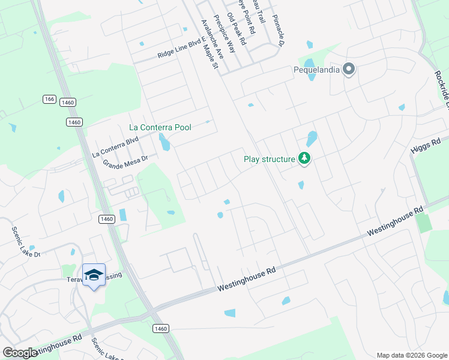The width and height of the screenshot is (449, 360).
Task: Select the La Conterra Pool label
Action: (x=160, y=127)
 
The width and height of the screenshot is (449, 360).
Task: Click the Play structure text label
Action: (x=270, y=159)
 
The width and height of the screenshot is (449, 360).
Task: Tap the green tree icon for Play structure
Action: (x=305, y=159)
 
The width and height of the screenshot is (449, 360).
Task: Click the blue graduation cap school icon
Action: (x=94, y=275)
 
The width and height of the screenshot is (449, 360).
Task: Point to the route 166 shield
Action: (x=49, y=98)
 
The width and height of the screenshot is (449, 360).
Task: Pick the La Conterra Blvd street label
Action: (x=115, y=146)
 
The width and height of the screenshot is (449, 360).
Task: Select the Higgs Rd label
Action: (x=426, y=146)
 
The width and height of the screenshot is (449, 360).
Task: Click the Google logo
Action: (x=20, y=353)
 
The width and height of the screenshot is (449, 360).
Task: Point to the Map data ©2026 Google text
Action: (x=412, y=355)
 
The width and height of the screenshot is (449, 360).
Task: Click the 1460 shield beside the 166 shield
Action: (x=68, y=103)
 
